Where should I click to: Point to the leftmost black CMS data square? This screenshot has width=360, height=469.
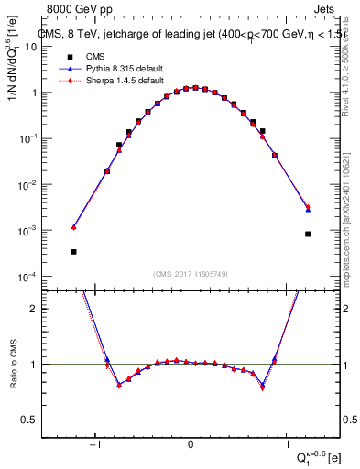[73, 251]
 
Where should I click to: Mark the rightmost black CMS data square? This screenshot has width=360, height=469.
[308, 234]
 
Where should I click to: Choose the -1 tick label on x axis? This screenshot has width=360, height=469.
[94, 447]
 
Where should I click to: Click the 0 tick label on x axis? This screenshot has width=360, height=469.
[191, 447]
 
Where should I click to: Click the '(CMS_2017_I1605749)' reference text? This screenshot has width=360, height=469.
[191, 274]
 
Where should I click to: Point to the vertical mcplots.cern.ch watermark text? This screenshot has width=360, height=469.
[353, 229]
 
